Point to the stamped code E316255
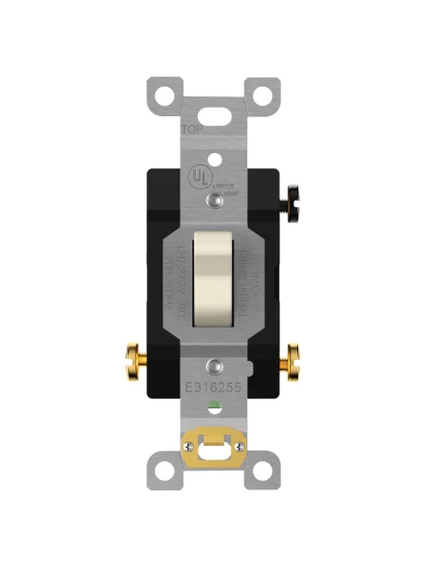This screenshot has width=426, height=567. (x=212, y=387)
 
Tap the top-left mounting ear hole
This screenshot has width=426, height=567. (x=163, y=94)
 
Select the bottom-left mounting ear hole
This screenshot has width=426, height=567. (x=163, y=471)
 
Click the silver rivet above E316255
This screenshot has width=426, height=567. (x=215, y=364)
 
